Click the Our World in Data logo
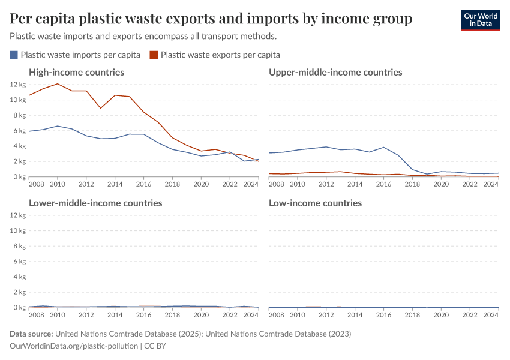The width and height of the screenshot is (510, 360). [x=480, y=20]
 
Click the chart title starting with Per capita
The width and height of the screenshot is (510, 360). [x=211, y=19]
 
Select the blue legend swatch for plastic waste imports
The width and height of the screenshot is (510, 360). [x=14, y=55]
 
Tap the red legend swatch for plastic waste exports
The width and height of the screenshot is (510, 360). [x=154, y=55]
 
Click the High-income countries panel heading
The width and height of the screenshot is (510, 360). [x=76, y=72]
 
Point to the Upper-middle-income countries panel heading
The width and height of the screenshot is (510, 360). [x=335, y=72]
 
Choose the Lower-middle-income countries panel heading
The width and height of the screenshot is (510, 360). [x=95, y=203]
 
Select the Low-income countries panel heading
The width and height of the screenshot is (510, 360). [x=315, y=203]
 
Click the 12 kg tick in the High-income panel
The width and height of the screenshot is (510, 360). [x=18, y=85]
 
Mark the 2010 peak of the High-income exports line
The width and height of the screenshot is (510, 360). [x=58, y=84]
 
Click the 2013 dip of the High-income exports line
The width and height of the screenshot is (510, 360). [x=101, y=108]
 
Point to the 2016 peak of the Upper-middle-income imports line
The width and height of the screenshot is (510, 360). [x=383, y=147]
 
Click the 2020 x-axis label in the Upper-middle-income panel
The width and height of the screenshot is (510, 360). [x=441, y=184]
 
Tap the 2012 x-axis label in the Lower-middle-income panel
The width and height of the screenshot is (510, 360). [x=86, y=315]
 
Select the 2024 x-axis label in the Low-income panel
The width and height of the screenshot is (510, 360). [x=491, y=315]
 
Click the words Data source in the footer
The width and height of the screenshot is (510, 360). [x=31, y=334]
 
